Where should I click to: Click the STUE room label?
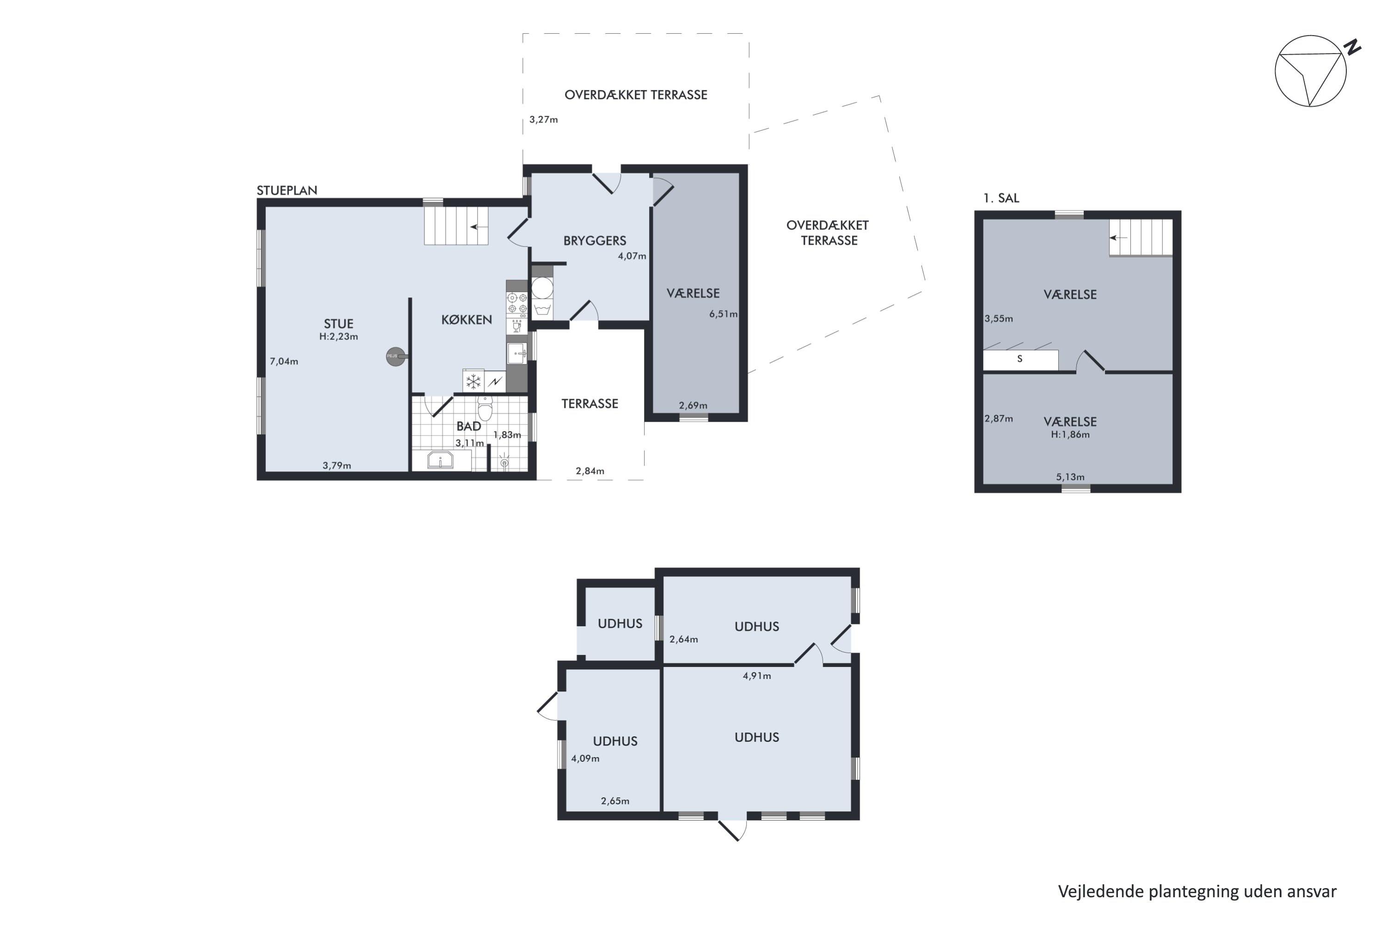[x=338, y=323]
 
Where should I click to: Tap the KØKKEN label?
[x=466, y=319]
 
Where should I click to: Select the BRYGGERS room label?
[x=595, y=240]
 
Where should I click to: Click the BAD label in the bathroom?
[x=469, y=426]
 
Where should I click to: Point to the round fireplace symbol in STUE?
[x=396, y=356]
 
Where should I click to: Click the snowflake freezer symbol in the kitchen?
[x=473, y=381]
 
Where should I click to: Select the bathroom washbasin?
[x=440, y=460]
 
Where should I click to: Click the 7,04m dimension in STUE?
[x=284, y=361]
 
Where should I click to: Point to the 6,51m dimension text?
[x=723, y=314]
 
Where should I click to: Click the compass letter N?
[x=1352, y=47]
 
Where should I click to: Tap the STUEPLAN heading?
[x=287, y=190]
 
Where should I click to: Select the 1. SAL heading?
[x=1001, y=198]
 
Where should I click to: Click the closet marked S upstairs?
[x=1020, y=359]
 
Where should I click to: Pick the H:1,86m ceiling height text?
[x=1070, y=434]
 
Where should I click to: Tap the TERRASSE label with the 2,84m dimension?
[x=590, y=403]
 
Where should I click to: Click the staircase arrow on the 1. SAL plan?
[x=1119, y=238]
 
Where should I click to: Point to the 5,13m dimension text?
[x=1070, y=477]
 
